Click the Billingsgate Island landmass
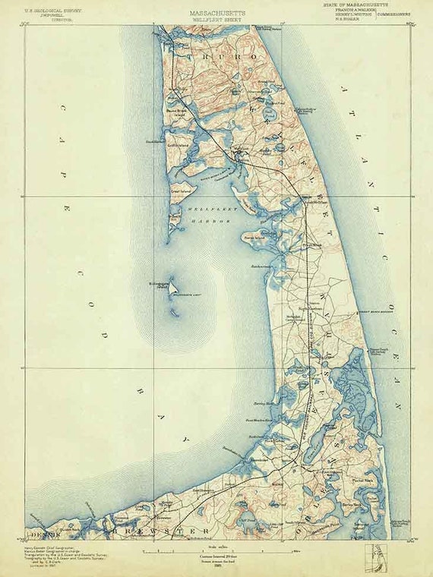click(x=172, y=288)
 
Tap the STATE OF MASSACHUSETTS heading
click(x=360, y=5)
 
